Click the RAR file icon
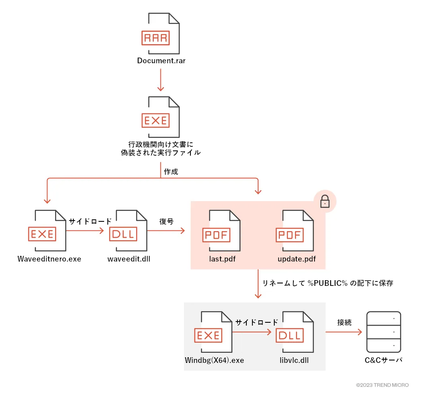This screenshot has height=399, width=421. [x=160, y=34]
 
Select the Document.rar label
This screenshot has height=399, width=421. [x=161, y=61]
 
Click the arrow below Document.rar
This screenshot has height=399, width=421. [x=161, y=80]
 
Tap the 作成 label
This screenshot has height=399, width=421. [x=171, y=172]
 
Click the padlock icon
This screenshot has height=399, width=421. [x=325, y=202]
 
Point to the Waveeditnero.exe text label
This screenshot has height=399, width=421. [x=49, y=259]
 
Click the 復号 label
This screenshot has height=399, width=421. [x=166, y=222]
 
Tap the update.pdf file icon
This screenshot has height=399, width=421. [x=294, y=230]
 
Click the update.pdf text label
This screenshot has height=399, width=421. [x=297, y=259]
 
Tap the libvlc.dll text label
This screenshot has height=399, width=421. [x=294, y=360]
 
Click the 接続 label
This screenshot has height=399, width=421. [x=344, y=323]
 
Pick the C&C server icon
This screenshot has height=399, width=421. [x=383, y=332]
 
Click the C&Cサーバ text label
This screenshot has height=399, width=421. [x=383, y=360]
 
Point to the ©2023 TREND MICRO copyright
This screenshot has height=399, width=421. [x=382, y=385]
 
